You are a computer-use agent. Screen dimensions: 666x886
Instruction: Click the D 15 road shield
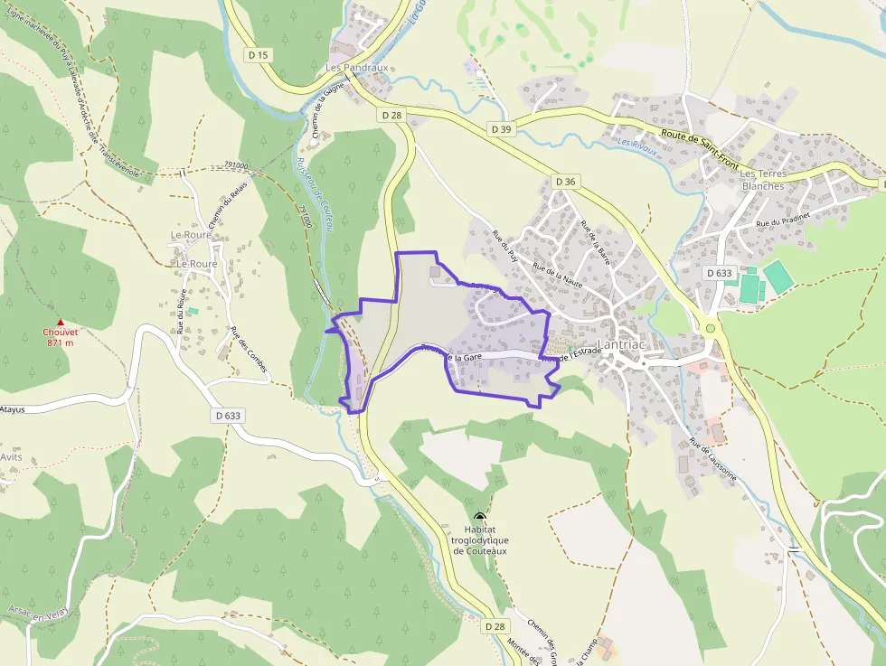(259, 55)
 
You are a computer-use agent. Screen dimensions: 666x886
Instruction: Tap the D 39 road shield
(501, 129)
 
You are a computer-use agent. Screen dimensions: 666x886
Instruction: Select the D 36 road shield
(566, 182)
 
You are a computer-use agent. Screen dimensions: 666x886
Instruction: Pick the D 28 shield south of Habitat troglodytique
(495, 626)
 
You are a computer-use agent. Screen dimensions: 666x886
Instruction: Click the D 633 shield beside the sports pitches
(719, 273)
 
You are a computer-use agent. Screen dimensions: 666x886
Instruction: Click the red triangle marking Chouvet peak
(61, 322)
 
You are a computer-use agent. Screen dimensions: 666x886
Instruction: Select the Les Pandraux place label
(357, 68)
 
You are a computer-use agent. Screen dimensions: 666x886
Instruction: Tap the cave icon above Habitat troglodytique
(479, 516)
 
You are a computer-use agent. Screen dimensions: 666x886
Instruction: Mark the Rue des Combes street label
(249, 350)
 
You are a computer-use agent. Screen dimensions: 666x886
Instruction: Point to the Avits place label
(11, 456)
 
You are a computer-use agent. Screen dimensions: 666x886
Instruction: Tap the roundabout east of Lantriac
(711, 328)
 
